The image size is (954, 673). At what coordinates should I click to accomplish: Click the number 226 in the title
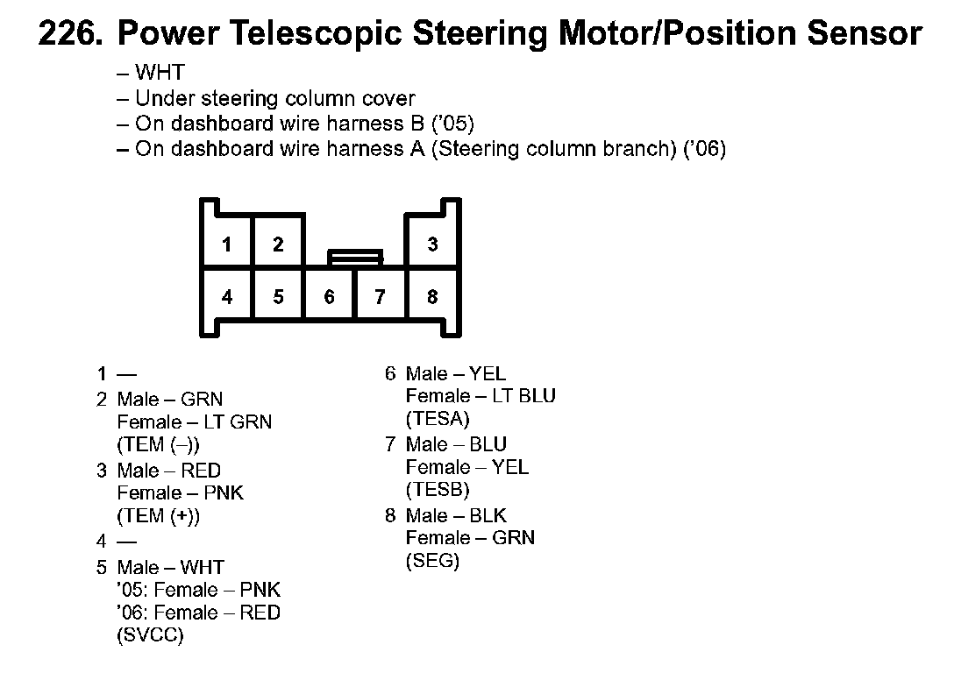73,34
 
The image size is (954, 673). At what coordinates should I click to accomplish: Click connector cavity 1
227,244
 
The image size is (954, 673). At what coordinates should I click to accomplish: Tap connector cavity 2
278,244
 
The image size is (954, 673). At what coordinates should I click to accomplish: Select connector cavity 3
432,244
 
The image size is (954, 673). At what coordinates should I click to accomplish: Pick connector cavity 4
227,297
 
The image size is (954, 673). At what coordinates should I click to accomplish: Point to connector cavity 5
278,297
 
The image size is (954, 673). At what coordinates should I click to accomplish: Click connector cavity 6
329,297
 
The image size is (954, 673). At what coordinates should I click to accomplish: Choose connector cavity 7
380,297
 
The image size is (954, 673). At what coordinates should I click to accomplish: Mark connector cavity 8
432,297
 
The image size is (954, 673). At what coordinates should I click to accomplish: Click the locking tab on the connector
355,257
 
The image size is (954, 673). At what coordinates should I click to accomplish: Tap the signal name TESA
438,419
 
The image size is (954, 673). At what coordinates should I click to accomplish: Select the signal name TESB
438,490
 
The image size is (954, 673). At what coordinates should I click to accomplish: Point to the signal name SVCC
150,636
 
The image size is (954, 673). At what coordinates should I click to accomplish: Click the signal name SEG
432,561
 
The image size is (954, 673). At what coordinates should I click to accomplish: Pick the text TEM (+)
159,516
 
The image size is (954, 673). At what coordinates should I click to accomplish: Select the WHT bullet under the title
160,74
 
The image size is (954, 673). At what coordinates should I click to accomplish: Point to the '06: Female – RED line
198,613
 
